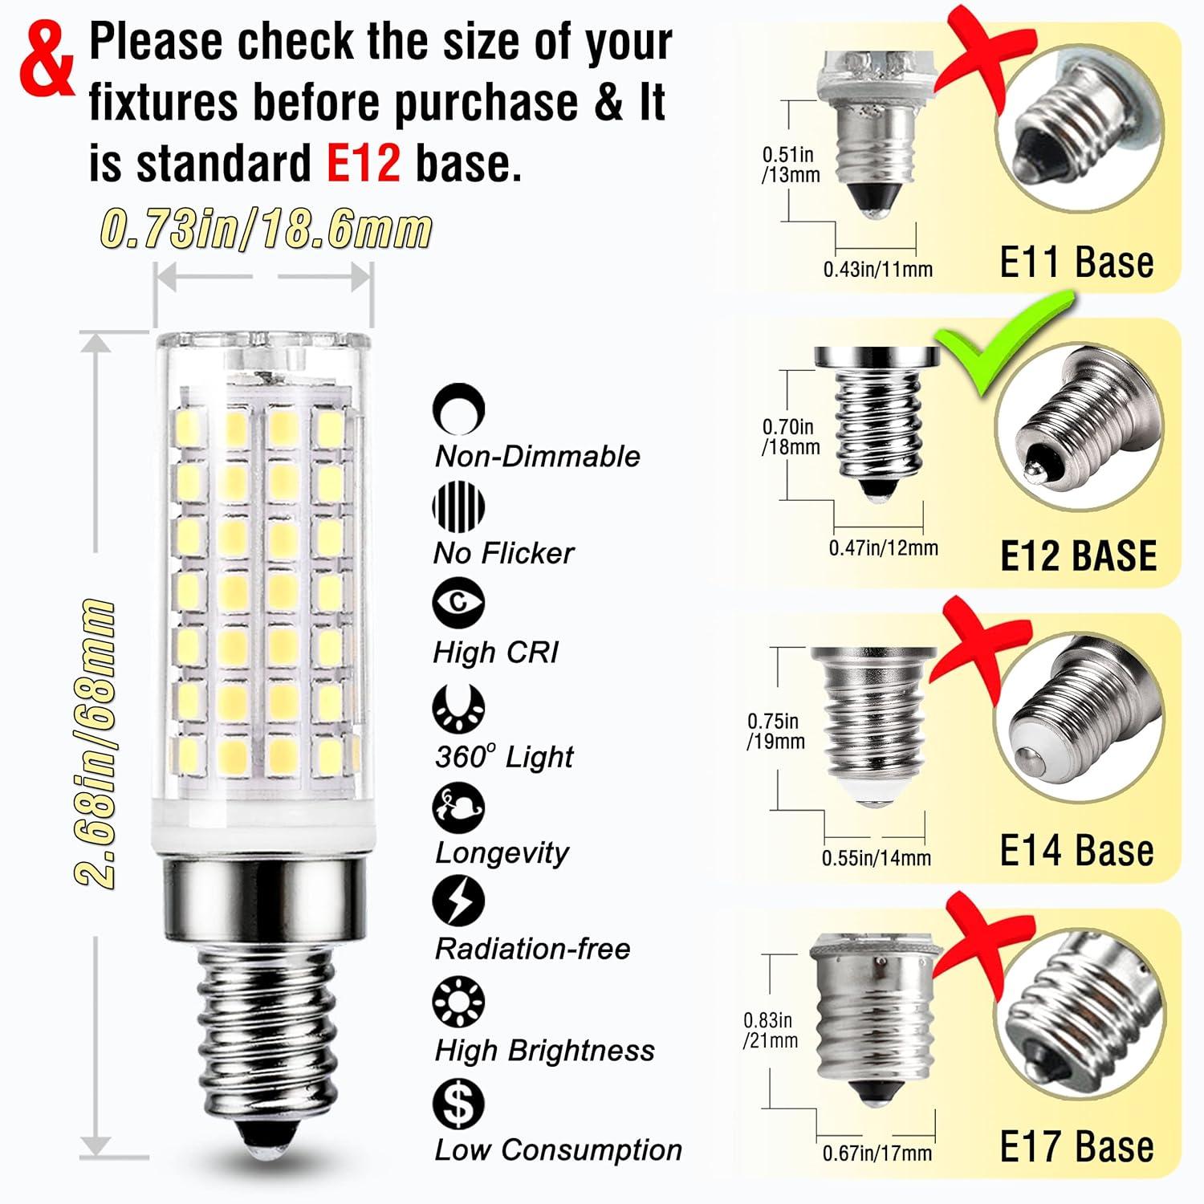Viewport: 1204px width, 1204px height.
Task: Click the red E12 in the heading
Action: (x=363, y=163)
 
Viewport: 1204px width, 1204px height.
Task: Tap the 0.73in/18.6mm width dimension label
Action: (x=266, y=230)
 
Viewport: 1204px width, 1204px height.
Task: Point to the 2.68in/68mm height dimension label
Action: (x=95, y=742)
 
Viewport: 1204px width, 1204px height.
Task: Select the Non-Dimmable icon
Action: (x=458, y=409)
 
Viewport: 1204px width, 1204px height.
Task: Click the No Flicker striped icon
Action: (x=458, y=506)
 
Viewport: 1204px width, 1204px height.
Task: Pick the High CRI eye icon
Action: (x=458, y=603)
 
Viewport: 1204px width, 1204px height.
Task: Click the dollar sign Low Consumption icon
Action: (x=458, y=1104)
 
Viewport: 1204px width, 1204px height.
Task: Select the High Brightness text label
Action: (x=544, y=1051)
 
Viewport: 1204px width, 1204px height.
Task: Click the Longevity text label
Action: (x=502, y=852)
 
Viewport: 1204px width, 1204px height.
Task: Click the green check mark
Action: (x=1003, y=345)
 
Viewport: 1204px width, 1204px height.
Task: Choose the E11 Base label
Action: (x=1076, y=262)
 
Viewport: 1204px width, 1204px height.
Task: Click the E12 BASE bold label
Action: (x=1078, y=556)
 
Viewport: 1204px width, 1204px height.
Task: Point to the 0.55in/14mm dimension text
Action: (x=876, y=858)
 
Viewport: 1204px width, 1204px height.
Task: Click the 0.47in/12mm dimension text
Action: (x=883, y=548)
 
